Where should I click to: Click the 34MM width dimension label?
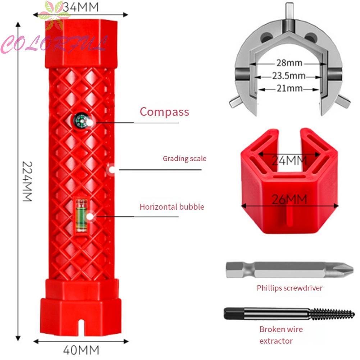(x=81, y=7)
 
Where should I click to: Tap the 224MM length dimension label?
(x=27, y=181)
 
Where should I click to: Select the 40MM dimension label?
(x=81, y=350)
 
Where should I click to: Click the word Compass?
(x=164, y=112)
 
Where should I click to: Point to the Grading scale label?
(x=184, y=159)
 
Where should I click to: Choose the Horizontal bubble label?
(x=172, y=207)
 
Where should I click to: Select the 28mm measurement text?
(x=289, y=63)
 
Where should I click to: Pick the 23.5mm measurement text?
(x=289, y=76)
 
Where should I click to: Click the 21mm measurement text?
(x=290, y=88)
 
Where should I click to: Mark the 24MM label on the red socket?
(x=289, y=160)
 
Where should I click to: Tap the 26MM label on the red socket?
(x=289, y=199)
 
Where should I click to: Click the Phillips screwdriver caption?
(x=290, y=288)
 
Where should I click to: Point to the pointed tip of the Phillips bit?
(x=352, y=268)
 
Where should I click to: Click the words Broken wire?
(x=281, y=329)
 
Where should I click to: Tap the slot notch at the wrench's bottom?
(x=81, y=327)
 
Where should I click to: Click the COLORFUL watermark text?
(x=54, y=44)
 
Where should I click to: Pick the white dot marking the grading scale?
(x=112, y=170)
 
